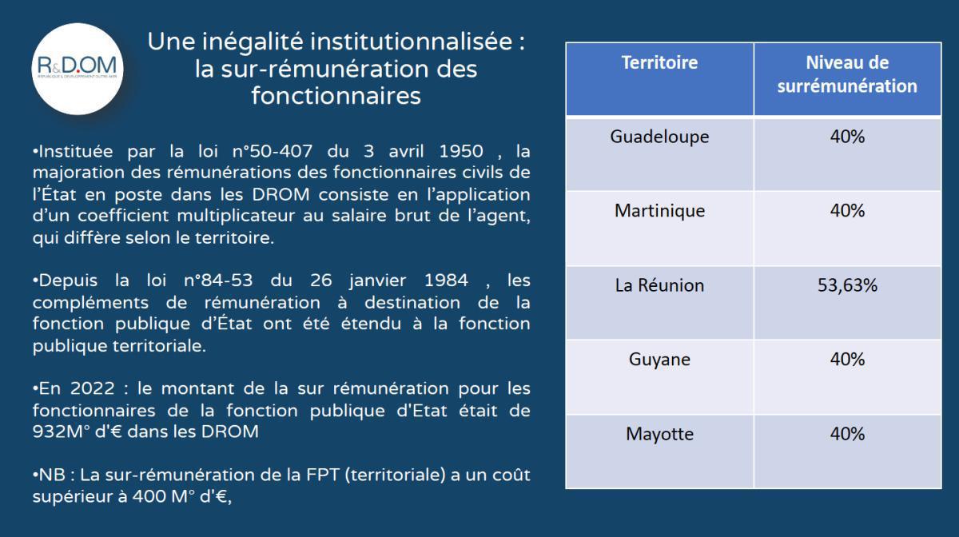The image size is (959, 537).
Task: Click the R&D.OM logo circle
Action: pyautogui.click(x=78, y=69)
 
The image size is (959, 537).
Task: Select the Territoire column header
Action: pyautogui.click(x=659, y=62)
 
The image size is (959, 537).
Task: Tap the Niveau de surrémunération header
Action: pyautogui.click(x=847, y=74)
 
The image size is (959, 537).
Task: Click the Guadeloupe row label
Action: pyautogui.click(x=659, y=137)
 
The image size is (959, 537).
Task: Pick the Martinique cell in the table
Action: pyautogui.click(x=659, y=211)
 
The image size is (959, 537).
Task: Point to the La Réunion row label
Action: pyautogui.click(x=659, y=285)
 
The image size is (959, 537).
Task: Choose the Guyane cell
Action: pyautogui.click(x=659, y=360)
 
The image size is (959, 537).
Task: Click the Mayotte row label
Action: pyautogui.click(x=659, y=435)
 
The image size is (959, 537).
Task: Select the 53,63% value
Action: pyautogui.click(x=847, y=285)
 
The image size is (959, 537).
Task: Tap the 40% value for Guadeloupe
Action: pyautogui.click(x=847, y=137)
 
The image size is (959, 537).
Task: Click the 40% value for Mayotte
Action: pyautogui.click(x=847, y=435)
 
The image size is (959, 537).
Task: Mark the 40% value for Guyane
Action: pyautogui.click(x=847, y=360)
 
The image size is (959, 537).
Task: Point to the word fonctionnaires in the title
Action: pyautogui.click(x=336, y=96)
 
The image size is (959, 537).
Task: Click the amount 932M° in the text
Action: pyautogui.click(x=61, y=432)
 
